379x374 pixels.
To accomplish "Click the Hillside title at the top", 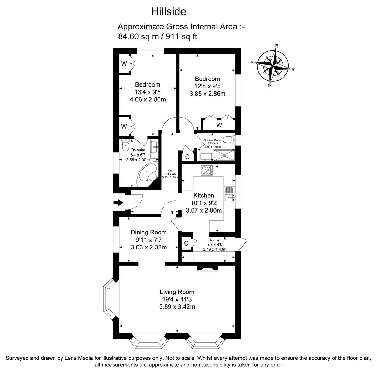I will click(x=169, y=11).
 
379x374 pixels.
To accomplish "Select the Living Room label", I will click(x=177, y=292).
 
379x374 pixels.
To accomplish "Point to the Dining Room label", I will click(x=148, y=232).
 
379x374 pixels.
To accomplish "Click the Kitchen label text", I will click(x=203, y=195).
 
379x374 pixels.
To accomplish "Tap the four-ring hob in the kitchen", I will click(x=207, y=170).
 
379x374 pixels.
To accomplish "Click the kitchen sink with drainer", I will click(x=229, y=194).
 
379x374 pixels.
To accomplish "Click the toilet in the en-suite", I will click(x=125, y=145).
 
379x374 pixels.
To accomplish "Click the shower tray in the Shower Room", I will click(x=224, y=155).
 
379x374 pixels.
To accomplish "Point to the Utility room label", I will click(x=214, y=239).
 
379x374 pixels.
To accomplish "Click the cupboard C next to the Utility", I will click(x=186, y=243).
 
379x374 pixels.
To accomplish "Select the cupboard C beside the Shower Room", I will click(x=187, y=157).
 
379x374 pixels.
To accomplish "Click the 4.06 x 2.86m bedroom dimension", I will click(x=148, y=100).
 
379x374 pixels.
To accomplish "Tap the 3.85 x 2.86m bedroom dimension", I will click(x=207, y=94).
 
